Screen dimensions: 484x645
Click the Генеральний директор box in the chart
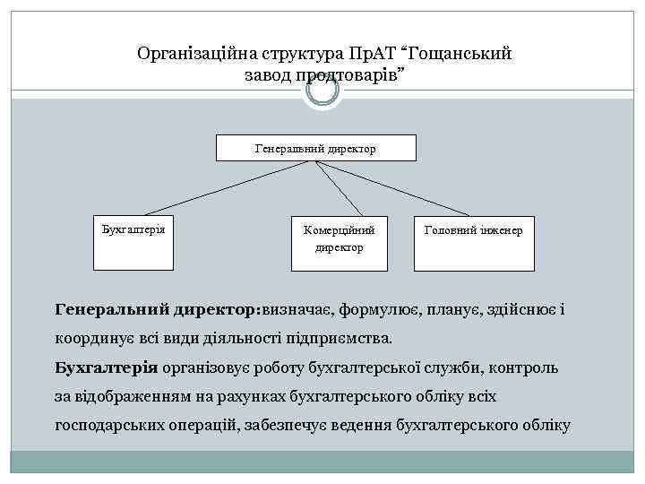coord(315,148)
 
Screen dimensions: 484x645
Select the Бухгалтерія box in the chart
coord(135,242)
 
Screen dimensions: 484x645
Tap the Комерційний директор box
coord(339,242)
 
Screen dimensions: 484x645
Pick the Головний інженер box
coord(473,242)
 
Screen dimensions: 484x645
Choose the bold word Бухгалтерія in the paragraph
coord(106,367)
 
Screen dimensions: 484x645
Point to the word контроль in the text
coord(523,367)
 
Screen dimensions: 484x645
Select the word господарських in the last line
coord(108,425)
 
